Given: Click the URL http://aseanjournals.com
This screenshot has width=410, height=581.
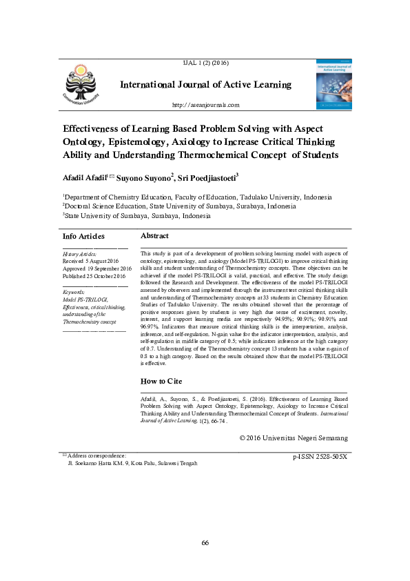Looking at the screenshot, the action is coord(205,105).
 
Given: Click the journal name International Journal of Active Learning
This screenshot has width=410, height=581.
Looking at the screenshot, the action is coord(205,85).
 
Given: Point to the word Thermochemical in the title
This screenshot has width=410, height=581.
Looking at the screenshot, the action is coord(241,155).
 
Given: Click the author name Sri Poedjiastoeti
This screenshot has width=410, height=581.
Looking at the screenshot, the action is coord(205,178).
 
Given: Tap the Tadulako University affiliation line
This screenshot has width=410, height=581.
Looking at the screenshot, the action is coord(196,197).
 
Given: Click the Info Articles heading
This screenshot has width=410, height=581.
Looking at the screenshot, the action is coord(83,236).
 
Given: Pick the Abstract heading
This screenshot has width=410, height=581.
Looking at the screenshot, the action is coord(154,236).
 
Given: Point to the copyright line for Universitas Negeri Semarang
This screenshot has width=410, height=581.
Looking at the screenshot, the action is coord(293,437).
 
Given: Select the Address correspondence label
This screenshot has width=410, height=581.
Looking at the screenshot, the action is coord(96,455).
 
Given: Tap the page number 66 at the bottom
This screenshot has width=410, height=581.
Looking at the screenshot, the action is coord(205,542).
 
